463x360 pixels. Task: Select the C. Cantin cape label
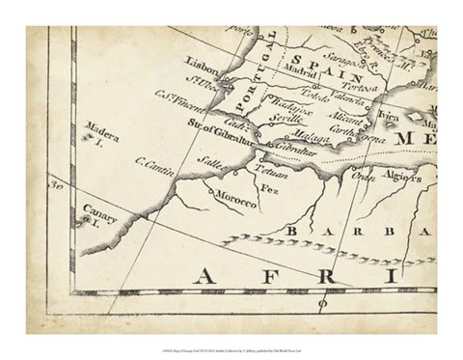[x=154, y=171]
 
